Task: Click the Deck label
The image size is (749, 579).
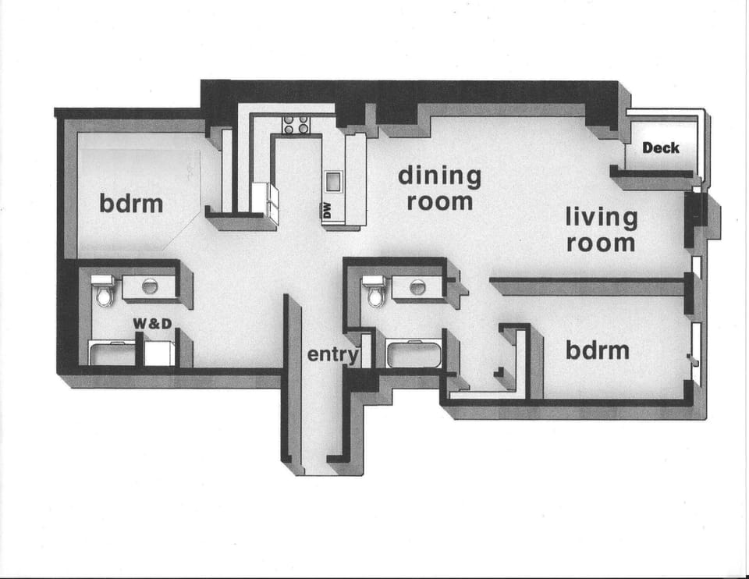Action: (661, 147)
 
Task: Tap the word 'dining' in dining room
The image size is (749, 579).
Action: (439, 176)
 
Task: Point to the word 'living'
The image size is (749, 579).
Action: (601, 218)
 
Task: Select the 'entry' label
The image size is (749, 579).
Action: (332, 354)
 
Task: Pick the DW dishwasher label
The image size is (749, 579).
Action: (328, 209)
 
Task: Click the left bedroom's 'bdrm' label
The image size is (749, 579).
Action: (131, 204)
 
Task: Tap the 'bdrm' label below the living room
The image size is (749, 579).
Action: (597, 350)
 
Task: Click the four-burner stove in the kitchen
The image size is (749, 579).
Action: (296, 125)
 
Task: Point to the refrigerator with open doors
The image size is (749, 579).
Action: (265, 199)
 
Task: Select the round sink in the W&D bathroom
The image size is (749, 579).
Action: (149, 286)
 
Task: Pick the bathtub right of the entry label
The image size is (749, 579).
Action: (414, 353)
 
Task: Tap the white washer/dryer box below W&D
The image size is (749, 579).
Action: (159, 352)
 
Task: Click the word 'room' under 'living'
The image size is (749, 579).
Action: (601, 243)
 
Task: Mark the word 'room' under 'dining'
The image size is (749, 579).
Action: (439, 201)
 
